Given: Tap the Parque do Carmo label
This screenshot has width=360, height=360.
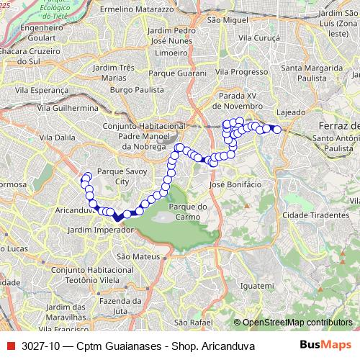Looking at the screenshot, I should coord(187,212).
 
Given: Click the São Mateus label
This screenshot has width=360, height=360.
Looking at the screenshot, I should coord(133,256).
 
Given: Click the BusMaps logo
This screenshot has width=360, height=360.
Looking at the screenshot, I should coord(325,344).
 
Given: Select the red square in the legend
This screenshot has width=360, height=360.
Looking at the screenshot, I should coord(9,345).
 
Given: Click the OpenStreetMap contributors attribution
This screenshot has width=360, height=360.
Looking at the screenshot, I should coord(296,323).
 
